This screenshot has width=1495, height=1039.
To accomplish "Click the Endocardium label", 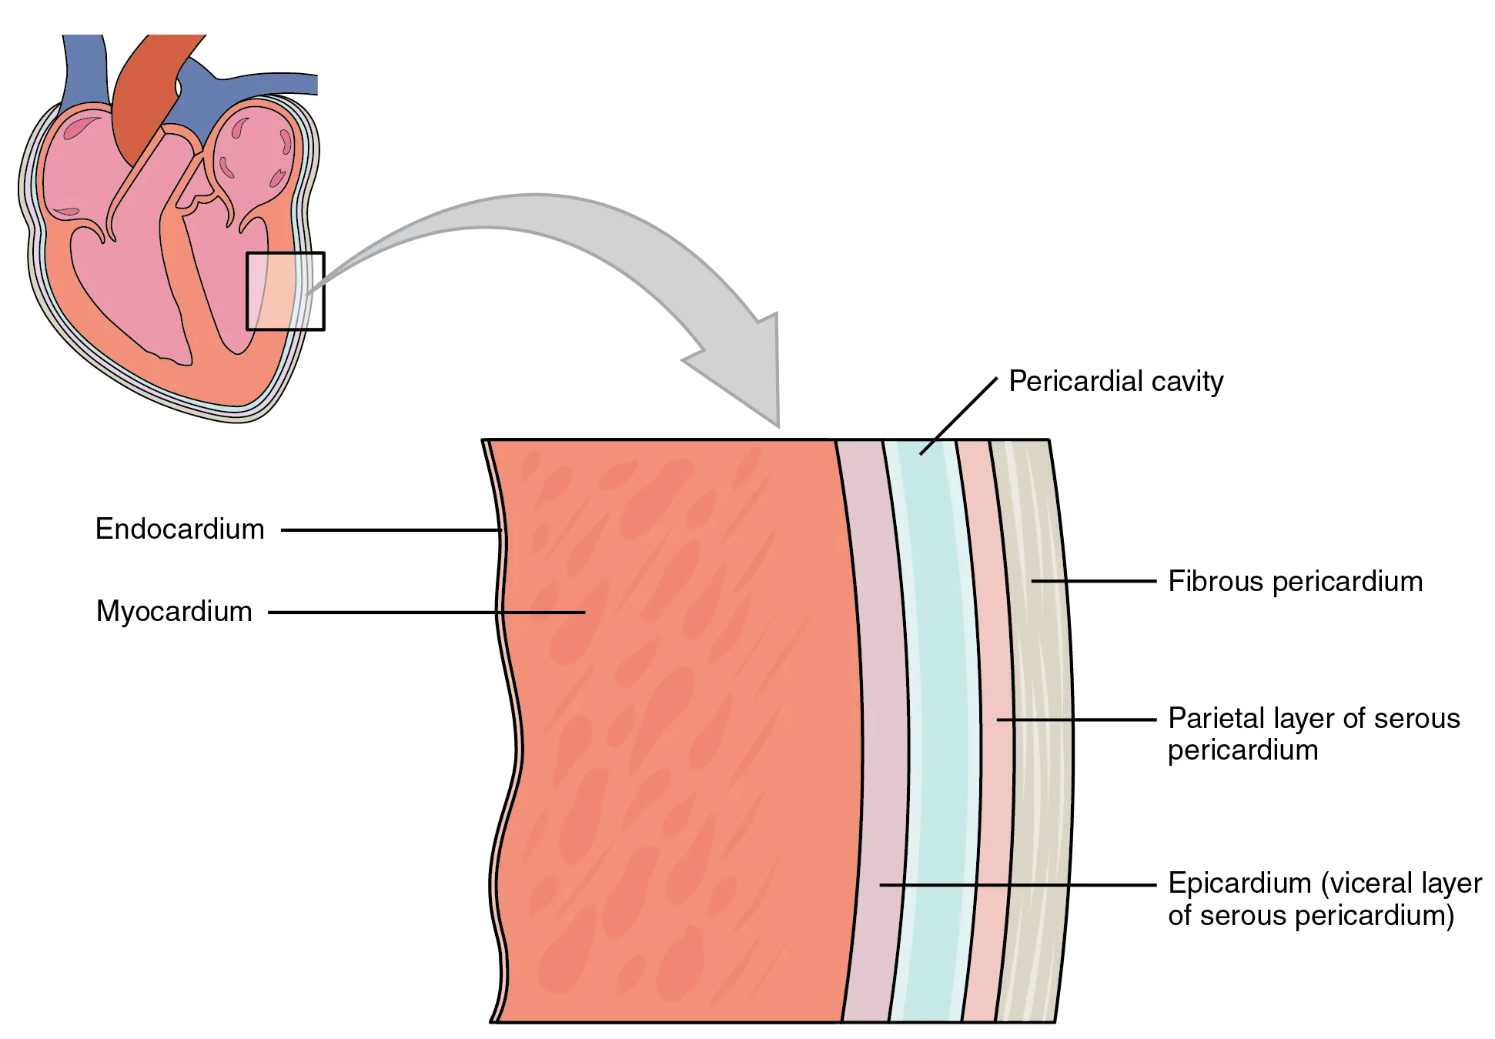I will [179, 530].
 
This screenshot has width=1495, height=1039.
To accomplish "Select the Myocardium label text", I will [174, 612].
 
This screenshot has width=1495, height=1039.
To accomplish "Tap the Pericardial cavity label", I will [1115, 382].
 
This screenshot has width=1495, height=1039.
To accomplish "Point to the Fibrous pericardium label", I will [1295, 582].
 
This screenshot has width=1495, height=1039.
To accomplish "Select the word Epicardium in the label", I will [1239, 884].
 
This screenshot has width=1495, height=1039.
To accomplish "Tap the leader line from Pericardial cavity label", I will [958, 416].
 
